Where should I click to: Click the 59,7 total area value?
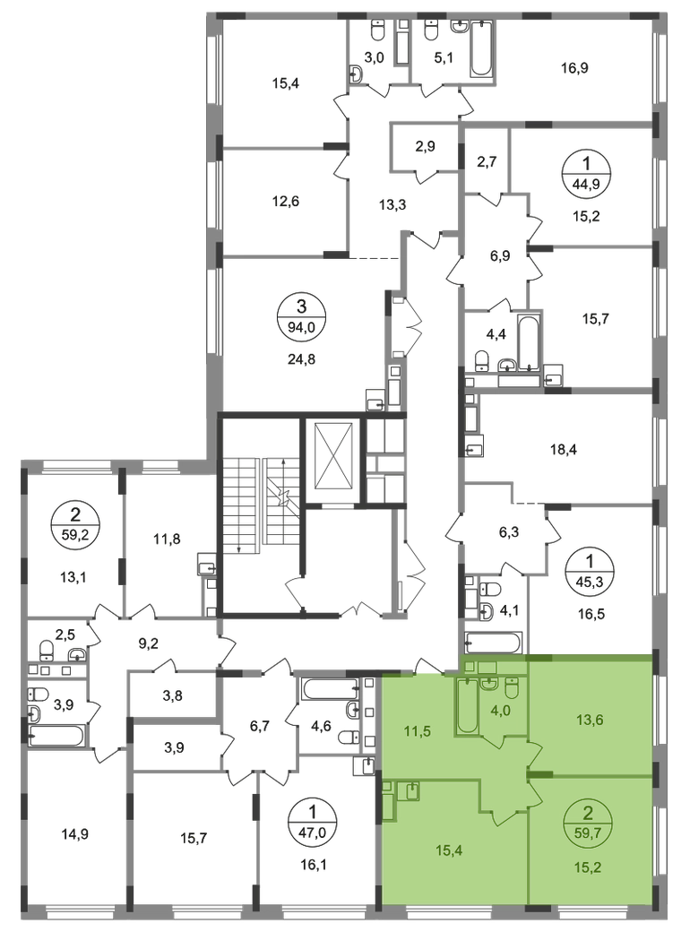point(587,832)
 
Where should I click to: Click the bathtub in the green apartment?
point(468,708)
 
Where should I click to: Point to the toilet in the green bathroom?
point(512,688)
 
